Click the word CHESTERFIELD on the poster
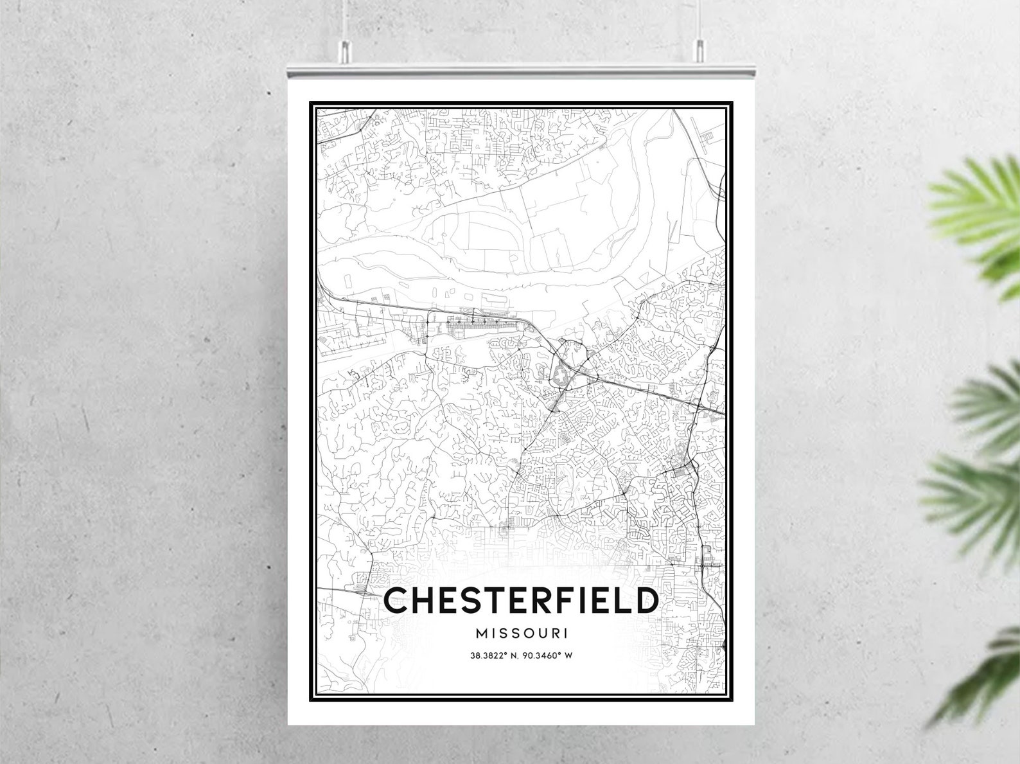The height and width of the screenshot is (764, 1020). [x=521, y=600]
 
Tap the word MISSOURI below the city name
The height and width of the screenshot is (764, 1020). [x=522, y=633]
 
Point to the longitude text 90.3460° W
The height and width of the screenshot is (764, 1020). [x=550, y=656]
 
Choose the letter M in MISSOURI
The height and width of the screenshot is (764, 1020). [x=482, y=633]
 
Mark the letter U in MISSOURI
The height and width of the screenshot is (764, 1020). [x=541, y=633]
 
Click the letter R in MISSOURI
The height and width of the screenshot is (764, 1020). [x=554, y=633]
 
